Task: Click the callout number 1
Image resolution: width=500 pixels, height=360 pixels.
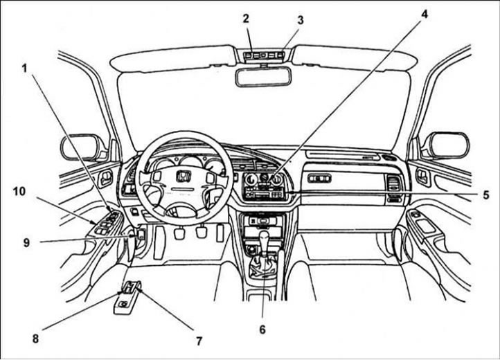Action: (x=24, y=68)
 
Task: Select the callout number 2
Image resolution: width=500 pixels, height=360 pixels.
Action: (x=246, y=19)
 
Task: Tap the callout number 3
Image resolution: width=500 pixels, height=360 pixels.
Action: (x=300, y=20)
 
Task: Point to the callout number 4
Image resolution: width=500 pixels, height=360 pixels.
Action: (x=424, y=14)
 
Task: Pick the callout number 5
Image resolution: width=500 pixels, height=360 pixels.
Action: (x=486, y=195)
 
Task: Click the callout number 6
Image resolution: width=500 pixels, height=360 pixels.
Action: (x=262, y=330)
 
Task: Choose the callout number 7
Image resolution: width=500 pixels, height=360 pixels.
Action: (x=199, y=341)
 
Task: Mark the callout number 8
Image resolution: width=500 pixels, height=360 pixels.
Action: (x=35, y=339)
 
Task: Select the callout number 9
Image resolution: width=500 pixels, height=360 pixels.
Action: (x=26, y=243)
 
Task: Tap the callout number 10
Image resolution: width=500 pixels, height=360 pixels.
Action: (x=19, y=191)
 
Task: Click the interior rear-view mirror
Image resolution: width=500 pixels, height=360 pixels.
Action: (x=263, y=77)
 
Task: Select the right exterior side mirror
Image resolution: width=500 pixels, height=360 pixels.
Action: (x=449, y=145)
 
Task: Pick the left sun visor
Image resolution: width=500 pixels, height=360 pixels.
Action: (x=174, y=58)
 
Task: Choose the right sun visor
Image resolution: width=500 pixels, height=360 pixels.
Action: (x=355, y=58)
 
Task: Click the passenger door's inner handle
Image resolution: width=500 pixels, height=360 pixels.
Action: (x=423, y=177)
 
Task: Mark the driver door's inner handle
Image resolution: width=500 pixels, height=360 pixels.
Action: (x=105, y=179)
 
